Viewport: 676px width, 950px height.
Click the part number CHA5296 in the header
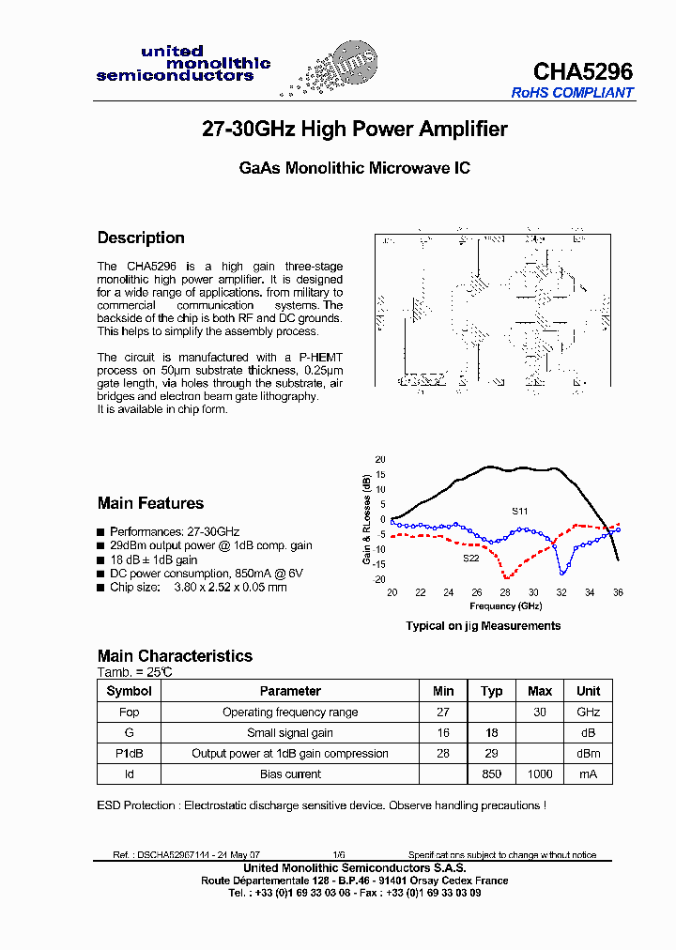point(582,71)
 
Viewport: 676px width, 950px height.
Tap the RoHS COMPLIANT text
point(572,93)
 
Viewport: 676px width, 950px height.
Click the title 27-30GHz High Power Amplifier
point(355,130)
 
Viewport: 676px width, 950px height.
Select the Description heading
point(141,237)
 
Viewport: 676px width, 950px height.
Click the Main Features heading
point(150,503)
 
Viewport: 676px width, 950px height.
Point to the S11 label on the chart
point(519,511)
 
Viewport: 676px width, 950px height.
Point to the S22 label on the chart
point(470,558)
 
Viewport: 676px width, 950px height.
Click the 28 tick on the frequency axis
point(505,592)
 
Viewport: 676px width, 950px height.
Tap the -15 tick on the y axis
point(379,564)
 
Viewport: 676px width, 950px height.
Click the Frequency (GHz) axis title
point(504,606)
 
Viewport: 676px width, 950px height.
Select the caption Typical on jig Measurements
point(483,625)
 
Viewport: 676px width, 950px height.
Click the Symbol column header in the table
point(130,691)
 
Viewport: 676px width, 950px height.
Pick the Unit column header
point(588,691)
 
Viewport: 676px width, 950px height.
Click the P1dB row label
point(130,753)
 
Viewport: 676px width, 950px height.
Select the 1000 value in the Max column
point(540,774)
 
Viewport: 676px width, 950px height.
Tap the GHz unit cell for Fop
point(588,712)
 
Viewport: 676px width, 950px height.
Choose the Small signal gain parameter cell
point(290,732)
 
